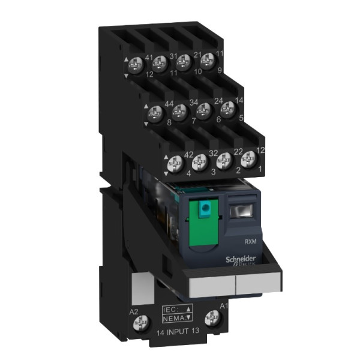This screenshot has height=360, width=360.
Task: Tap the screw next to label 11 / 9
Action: (x=207, y=59)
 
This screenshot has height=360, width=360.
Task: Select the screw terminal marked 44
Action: (x=154, y=112)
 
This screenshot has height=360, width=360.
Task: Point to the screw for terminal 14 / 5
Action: (x=227, y=108)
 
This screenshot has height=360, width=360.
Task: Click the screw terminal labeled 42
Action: (x=175, y=161)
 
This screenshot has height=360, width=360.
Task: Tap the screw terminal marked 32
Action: (x=200, y=160)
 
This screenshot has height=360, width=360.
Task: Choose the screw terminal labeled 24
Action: (x=203, y=109)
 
